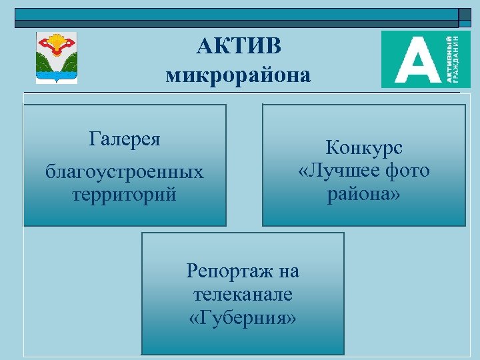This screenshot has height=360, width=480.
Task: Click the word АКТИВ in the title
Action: click(x=239, y=46)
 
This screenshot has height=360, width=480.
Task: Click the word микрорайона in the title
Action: click(x=238, y=75)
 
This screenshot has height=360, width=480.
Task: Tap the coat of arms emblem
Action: click(x=57, y=58)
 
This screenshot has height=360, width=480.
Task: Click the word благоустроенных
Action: click(x=125, y=173)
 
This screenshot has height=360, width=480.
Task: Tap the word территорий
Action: click(x=125, y=195)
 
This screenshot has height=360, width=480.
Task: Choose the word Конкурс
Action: click(x=364, y=148)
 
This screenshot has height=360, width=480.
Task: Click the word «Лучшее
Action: click(x=339, y=171)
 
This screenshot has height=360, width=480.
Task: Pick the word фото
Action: click(x=407, y=171)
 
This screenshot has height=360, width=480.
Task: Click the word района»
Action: click(x=364, y=194)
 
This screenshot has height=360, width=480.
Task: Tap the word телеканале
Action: click(x=243, y=294)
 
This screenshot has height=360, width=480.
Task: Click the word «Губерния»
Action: click(x=243, y=317)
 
